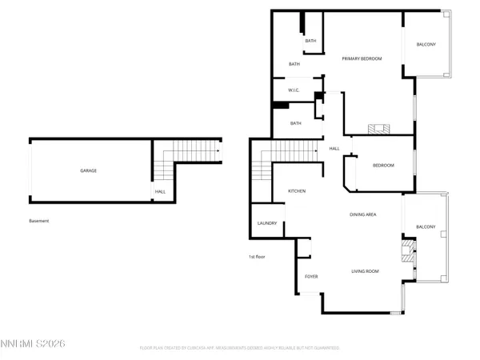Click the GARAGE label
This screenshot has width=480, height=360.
(88, 170)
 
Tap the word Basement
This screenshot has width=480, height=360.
(38, 222)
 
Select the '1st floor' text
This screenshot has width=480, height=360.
(258, 256)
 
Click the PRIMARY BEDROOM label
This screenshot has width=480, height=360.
(362, 58)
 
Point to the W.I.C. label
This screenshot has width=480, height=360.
(294, 90)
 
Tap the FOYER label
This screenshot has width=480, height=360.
(311, 277)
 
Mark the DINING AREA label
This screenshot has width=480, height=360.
(363, 214)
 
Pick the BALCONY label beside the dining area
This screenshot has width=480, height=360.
(425, 226)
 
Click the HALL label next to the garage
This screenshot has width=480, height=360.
(160, 191)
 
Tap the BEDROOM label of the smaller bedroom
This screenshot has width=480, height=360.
(383, 166)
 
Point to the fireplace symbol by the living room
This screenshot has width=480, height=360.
(409, 250)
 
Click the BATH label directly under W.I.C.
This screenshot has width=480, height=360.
(295, 123)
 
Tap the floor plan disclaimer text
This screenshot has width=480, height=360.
(240, 349)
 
